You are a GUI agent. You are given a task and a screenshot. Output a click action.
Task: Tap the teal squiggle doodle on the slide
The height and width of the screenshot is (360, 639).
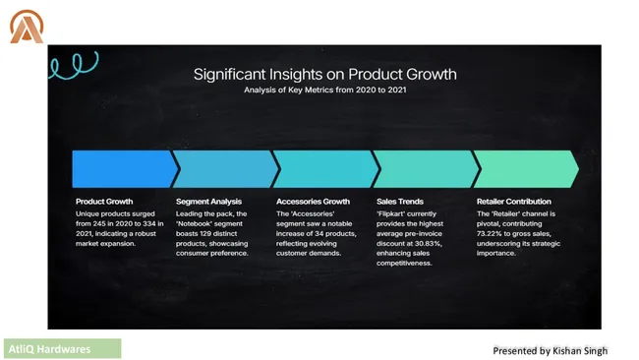tap(68, 65)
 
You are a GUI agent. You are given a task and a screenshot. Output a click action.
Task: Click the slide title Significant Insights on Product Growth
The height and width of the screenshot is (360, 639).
tap(324, 74)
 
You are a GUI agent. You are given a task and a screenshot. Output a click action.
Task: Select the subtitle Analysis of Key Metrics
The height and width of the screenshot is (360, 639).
tap(324, 90)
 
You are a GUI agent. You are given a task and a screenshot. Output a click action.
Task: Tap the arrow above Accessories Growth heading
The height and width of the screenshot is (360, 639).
tap(323, 168)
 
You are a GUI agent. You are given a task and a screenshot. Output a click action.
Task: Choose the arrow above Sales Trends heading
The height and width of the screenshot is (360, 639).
tap(424, 168)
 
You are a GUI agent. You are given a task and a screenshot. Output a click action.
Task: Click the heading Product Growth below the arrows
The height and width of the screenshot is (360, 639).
tap(103, 202)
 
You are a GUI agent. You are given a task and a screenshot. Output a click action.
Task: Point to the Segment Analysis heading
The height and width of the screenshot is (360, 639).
tap(209, 202)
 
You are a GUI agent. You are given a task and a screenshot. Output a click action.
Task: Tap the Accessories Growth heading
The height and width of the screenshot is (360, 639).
tap(313, 202)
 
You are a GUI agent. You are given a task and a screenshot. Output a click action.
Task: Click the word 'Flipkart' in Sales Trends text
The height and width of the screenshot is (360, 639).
tap(393, 213)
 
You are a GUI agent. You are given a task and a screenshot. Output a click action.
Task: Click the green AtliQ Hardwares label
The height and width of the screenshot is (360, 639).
tap(62, 348)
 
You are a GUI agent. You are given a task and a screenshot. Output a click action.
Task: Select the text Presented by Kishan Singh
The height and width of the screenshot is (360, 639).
tap(551, 350)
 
